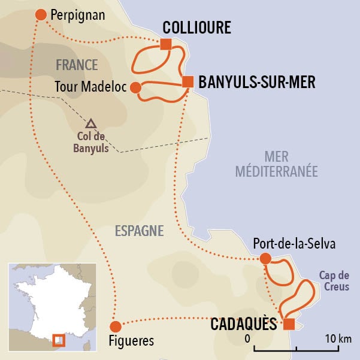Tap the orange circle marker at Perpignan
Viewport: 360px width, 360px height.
41,14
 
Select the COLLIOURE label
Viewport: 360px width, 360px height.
196,28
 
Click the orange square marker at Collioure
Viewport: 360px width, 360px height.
166,44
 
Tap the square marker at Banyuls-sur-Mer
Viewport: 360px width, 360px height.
187,81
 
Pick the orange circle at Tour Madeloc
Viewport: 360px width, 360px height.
135,87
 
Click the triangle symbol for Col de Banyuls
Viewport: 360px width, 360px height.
90,124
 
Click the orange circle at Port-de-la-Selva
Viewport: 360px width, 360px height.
265,259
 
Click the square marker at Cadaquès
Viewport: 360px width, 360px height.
289,324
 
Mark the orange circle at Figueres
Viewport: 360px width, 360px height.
116,326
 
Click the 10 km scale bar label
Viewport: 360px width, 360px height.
335,339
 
